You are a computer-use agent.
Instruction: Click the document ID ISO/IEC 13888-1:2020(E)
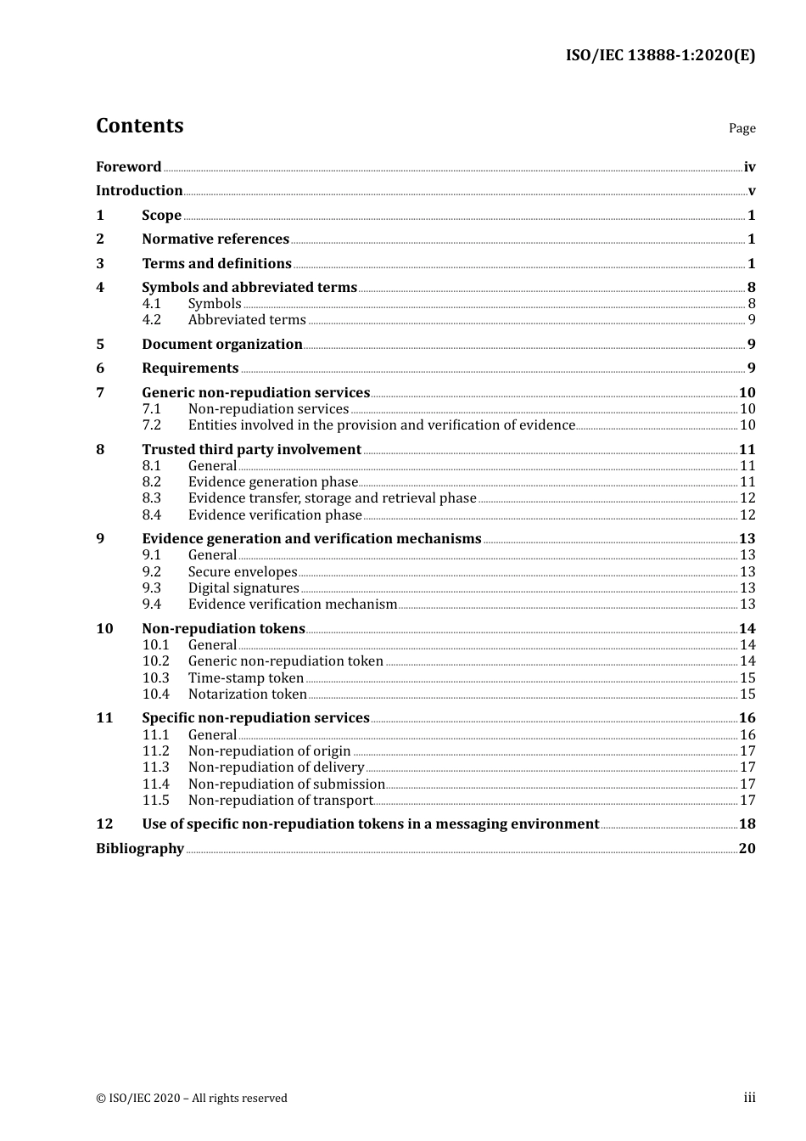(x=660, y=56)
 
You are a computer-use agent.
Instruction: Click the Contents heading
(x=139, y=126)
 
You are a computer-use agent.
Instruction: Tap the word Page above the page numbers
(x=742, y=128)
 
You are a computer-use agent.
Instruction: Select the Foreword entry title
(x=128, y=167)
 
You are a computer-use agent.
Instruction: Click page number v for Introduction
(x=751, y=191)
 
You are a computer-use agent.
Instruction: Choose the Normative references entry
(x=215, y=239)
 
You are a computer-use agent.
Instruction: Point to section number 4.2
(x=151, y=320)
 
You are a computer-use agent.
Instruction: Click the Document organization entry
(x=221, y=345)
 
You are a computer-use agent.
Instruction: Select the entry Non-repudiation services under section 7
(x=268, y=409)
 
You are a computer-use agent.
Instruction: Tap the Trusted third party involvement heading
(x=251, y=450)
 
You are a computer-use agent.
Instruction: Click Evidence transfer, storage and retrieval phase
(x=332, y=498)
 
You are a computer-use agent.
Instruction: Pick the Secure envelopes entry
(x=243, y=572)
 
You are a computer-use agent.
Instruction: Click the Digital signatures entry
(x=243, y=588)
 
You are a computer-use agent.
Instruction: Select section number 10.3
(x=155, y=678)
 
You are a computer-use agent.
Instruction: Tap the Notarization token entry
(x=247, y=694)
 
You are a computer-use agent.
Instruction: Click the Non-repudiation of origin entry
(x=269, y=751)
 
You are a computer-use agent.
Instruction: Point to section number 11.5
(x=155, y=801)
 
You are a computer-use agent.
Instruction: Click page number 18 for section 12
(x=747, y=824)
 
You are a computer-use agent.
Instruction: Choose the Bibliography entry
(x=140, y=849)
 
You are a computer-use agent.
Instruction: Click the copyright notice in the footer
(x=192, y=1099)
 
